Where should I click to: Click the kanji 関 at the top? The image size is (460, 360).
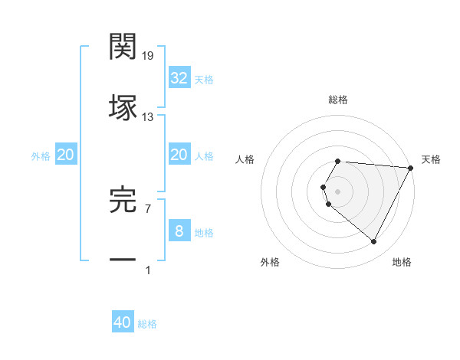pos(123,47)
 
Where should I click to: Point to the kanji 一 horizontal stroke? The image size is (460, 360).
pos(123,260)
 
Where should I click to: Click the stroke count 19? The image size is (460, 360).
pos(149,56)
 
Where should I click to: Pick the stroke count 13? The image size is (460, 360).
pos(148,117)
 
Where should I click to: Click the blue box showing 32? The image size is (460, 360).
pos(179,78)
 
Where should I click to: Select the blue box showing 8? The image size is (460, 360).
pos(179,231)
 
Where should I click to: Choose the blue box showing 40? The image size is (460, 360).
pos(123,322)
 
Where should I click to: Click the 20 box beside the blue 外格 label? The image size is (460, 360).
pos(65,155)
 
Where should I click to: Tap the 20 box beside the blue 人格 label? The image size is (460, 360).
pos(179,155)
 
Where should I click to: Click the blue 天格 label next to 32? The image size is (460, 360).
pos(204,80)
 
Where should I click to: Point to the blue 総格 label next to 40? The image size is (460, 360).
pos(147,324)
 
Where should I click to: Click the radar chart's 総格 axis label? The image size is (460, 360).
pos(338,100)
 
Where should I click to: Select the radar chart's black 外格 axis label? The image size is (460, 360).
pos(270,262)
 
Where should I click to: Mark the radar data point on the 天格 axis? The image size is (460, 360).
pos(411,168)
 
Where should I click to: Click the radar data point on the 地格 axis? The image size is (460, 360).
pos(374,242)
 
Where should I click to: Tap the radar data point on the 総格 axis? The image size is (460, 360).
pos(338,161)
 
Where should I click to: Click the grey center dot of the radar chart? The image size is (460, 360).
pos(338,191)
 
